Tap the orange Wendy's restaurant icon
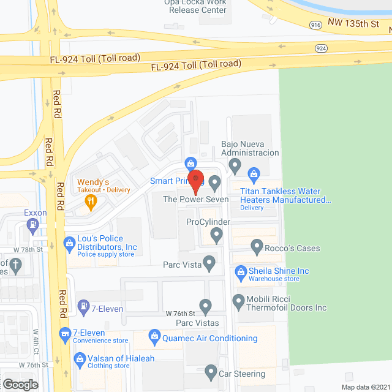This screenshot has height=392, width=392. (91, 201)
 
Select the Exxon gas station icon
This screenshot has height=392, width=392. (31, 225)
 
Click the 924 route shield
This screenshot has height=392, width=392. (321, 48)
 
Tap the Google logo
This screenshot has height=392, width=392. (20, 384)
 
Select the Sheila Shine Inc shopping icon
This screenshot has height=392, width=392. (240, 271)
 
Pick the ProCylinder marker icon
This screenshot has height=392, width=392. (216, 233)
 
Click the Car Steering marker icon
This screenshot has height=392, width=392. (210, 372)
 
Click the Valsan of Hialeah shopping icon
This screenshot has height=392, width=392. (79, 359)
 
